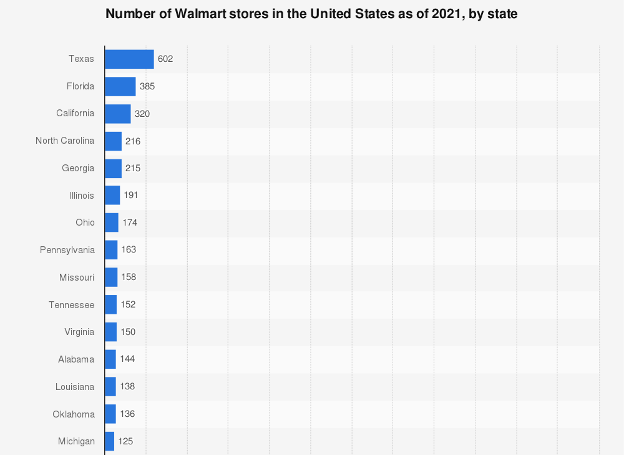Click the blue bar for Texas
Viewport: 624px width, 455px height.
pos(129,59)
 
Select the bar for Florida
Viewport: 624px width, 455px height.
pos(120,86)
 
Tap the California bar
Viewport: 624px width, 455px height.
pos(117,114)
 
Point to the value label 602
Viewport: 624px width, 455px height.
pos(165,59)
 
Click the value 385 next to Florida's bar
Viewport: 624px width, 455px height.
pos(147,86)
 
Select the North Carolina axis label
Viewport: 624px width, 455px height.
pos(65,141)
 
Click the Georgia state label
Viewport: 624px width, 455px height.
pos(78,168)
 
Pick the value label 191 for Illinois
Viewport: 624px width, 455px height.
pos(130,195)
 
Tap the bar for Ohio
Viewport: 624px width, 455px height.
pos(112,222)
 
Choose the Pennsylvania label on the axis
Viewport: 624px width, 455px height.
pos(67,250)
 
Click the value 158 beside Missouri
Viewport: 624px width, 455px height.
pos(129,277)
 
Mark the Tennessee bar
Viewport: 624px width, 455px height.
pos(110,304)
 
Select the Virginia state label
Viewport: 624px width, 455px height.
pos(79,332)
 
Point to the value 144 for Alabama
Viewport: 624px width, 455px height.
pos(127,359)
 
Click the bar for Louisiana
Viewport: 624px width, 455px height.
pos(110,386)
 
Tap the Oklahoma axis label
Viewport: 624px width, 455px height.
pos(74,414)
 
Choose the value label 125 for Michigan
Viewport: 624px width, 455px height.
pos(125,441)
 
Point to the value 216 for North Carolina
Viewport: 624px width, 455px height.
pos(133,141)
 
